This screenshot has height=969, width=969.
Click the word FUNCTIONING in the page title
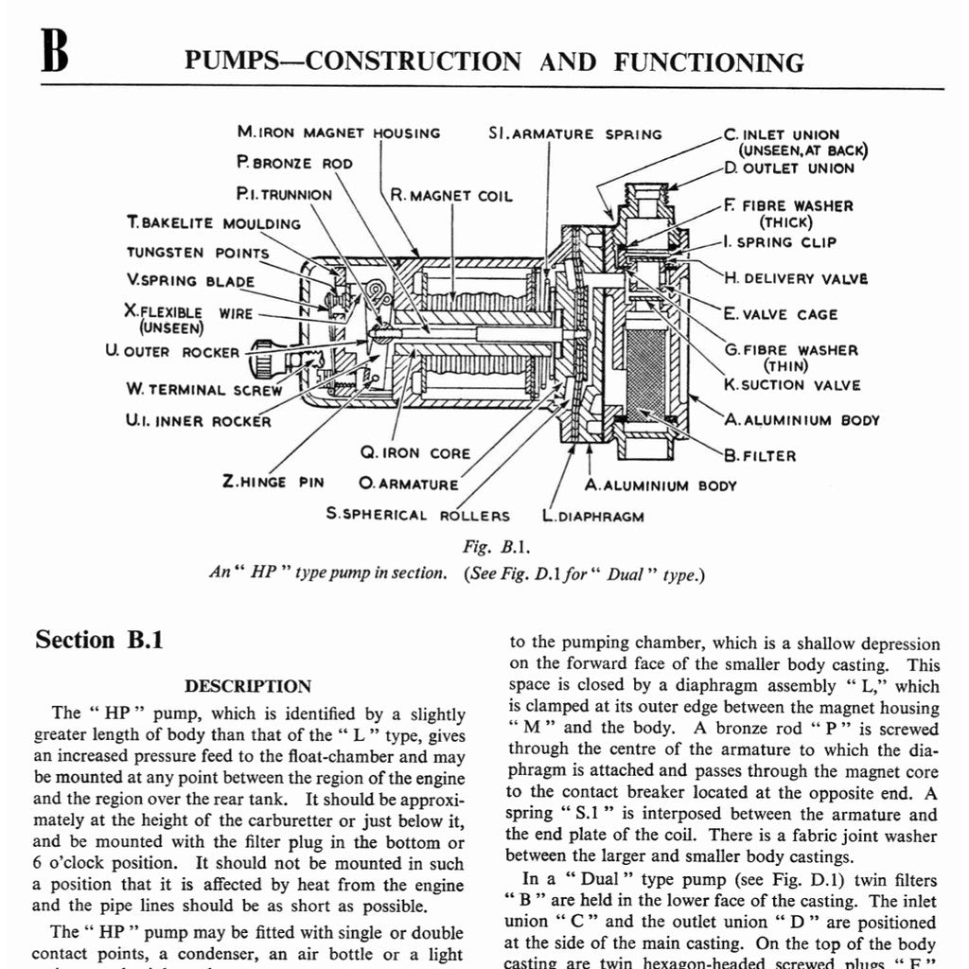coord(709,62)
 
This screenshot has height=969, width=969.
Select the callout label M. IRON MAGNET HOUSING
coord(339,133)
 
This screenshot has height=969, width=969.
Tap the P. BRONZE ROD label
coord(294,163)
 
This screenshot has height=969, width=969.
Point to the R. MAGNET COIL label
coord(450,196)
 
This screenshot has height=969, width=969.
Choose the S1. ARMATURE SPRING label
coord(575,133)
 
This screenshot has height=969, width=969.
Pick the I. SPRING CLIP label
coord(780,242)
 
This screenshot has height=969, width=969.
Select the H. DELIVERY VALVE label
coord(795,278)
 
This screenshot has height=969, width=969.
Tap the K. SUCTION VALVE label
coord(792,385)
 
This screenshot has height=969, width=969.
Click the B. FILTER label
coord(760,455)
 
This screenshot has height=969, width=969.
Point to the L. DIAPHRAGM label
coord(593,516)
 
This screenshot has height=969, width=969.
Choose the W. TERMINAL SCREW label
coord(203,389)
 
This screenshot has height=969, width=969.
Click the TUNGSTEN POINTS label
coord(198,253)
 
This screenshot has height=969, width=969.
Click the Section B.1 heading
coord(99,640)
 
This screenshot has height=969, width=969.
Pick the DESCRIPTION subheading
coord(248,686)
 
